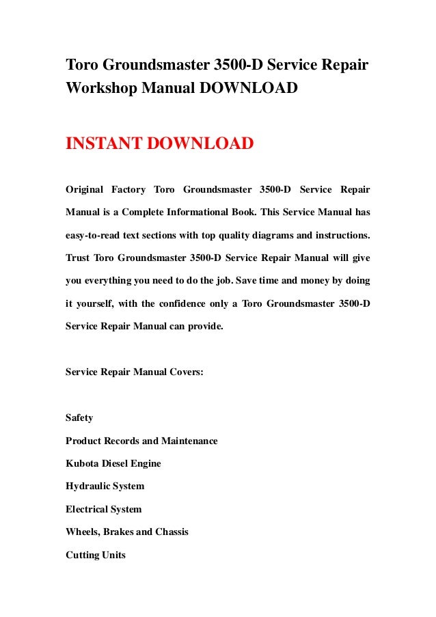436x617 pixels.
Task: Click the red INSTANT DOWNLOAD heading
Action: pyautogui.click(x=159, y=145)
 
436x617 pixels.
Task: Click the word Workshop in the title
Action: pyautogui.click(x=100, y=89)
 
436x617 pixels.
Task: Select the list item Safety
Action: pyautogui.click(x=79, y=417)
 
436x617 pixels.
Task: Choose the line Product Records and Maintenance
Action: pyautogui.click(x=141, y=441)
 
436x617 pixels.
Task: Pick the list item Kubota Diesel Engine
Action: pyautogui.click(x=113, y=463)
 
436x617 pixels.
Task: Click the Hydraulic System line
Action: pyautogui.click(x=105, y=486)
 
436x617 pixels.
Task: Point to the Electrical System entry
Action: pyautogui.click(x=103, y=509)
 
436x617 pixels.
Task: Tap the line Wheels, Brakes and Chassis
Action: pyautogui.click(x=126, y=532)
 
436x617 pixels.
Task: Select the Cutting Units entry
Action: pyautogui.click(x=96, y=556)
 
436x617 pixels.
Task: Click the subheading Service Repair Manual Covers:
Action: pyautogui.click(x=134, y=372)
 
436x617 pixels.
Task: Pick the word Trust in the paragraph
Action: pyautogui.click(x=77, y=258)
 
